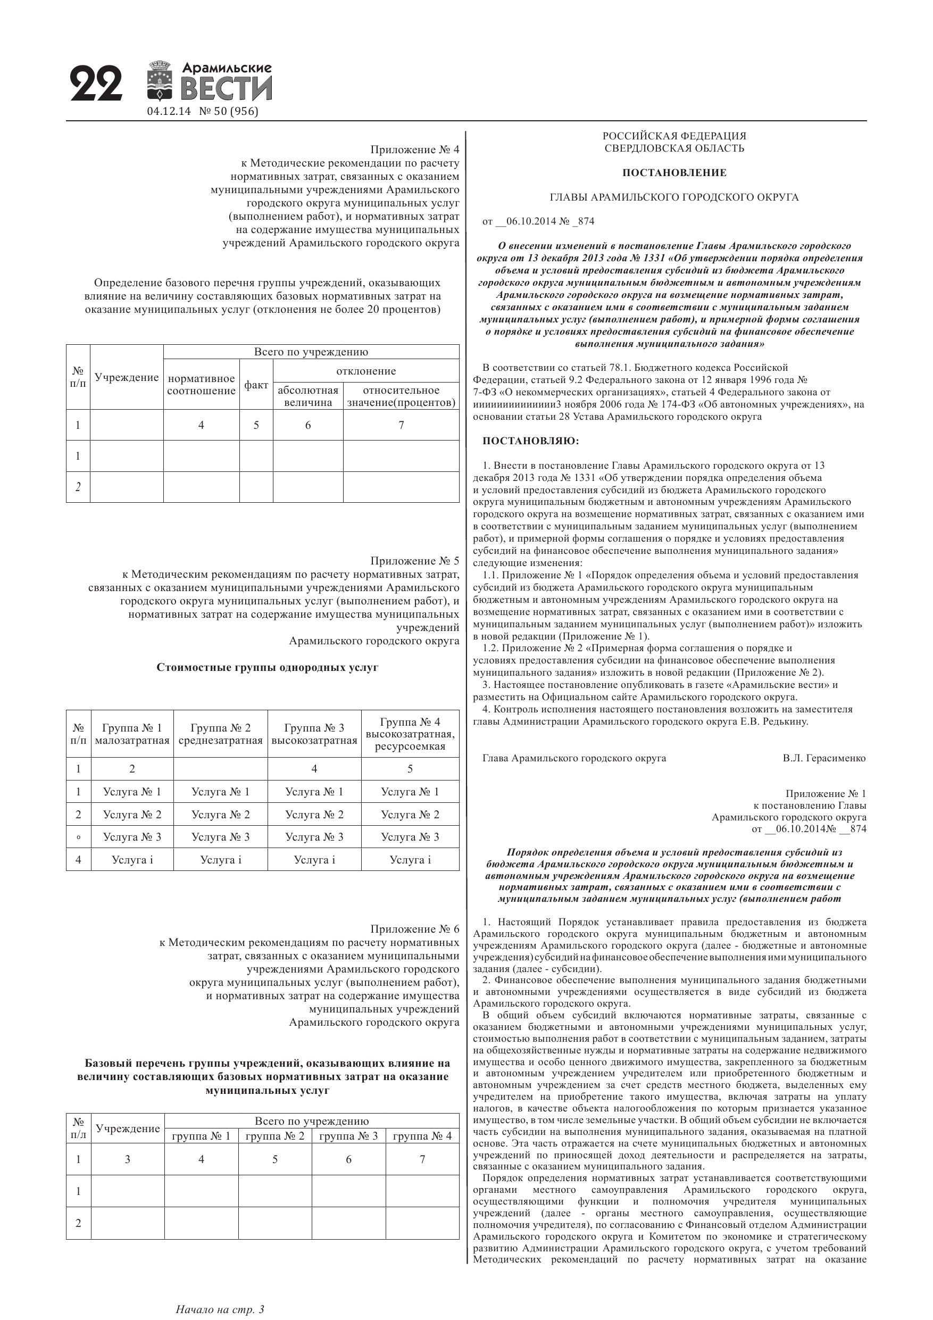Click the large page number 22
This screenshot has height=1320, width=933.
pos(97,84)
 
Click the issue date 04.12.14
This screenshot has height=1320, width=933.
pos(169,112)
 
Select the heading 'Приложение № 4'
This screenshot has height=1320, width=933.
pos(414,150)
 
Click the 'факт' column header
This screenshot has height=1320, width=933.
pos(256,385)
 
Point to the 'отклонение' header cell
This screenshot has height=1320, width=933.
pos(366,371)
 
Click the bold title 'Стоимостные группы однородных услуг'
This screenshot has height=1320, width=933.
pos(268,668)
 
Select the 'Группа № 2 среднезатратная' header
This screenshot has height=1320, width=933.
pos(220,734)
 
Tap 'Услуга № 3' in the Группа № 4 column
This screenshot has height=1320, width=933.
pos(410,837)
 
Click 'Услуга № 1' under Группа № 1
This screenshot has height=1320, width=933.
pos(132,792)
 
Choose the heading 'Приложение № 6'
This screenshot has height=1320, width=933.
pos(414,929)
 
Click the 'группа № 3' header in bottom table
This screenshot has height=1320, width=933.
pos(348,1135)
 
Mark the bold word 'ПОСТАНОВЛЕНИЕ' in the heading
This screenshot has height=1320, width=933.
pos(674,173)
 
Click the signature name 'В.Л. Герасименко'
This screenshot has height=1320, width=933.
pos(824,758)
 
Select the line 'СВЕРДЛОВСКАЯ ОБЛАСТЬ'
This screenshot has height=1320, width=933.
pos(674,148)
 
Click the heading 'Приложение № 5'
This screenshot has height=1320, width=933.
pos(414,561)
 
